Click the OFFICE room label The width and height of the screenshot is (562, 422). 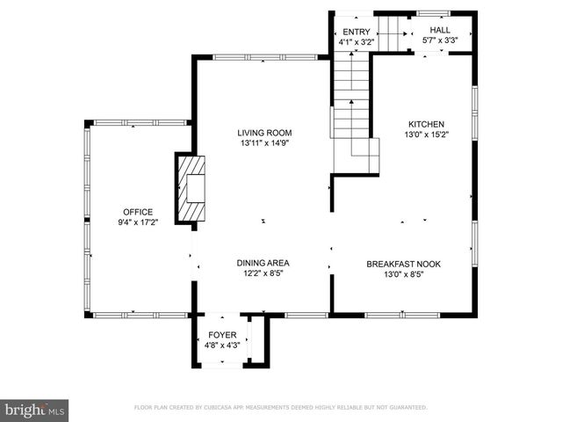138,212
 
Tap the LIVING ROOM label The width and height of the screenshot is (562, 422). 263,133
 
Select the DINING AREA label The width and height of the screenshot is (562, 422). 263,263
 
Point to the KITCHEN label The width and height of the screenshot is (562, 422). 425,125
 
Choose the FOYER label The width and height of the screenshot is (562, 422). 221,336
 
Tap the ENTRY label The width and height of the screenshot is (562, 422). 356,32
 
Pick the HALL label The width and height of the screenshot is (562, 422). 440,30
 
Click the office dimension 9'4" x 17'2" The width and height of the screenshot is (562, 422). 138,223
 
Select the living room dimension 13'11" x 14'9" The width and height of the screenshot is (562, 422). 263,143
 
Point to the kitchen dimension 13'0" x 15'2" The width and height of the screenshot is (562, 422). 425,135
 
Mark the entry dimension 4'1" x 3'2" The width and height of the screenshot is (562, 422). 356,41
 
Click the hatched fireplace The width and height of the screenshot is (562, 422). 191,189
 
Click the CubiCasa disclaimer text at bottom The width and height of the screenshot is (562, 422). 280,408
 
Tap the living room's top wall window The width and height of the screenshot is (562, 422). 265,58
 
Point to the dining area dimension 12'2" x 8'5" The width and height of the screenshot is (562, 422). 263,273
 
